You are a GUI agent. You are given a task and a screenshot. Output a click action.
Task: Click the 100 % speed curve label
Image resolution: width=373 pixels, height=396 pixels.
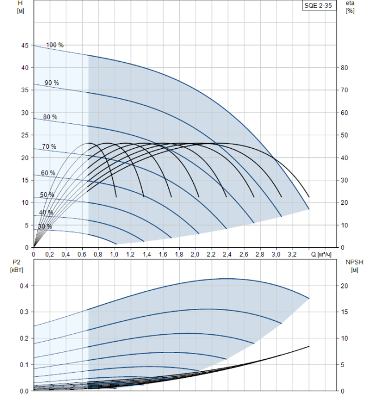coord(55,45)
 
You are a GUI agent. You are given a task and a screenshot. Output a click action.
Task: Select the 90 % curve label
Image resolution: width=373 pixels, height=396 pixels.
coord(52,83)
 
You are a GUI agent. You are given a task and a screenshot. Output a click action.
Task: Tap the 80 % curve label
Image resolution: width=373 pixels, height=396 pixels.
coord(50,117)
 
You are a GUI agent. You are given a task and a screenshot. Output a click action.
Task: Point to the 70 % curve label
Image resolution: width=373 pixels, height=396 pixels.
coord(49,147)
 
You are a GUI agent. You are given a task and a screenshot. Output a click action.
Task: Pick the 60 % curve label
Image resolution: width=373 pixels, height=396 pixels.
coord(48,173)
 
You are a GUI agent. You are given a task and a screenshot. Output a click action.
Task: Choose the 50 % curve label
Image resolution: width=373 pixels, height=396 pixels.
coord(47,195)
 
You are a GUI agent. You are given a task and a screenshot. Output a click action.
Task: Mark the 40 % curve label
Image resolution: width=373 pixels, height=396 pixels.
coord(46,213)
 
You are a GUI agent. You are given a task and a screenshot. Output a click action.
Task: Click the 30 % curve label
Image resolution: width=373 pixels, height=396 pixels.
coord(45,226)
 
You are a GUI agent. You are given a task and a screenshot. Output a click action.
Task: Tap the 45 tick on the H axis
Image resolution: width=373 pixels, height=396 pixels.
coord(24,45)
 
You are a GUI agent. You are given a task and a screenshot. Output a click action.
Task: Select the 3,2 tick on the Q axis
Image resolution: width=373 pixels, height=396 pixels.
coord(293,255)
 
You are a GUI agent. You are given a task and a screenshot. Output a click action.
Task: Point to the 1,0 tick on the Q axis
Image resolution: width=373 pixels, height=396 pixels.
coord(114,255)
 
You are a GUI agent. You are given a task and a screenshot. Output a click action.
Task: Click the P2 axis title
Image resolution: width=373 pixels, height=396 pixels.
coord(15,265)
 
